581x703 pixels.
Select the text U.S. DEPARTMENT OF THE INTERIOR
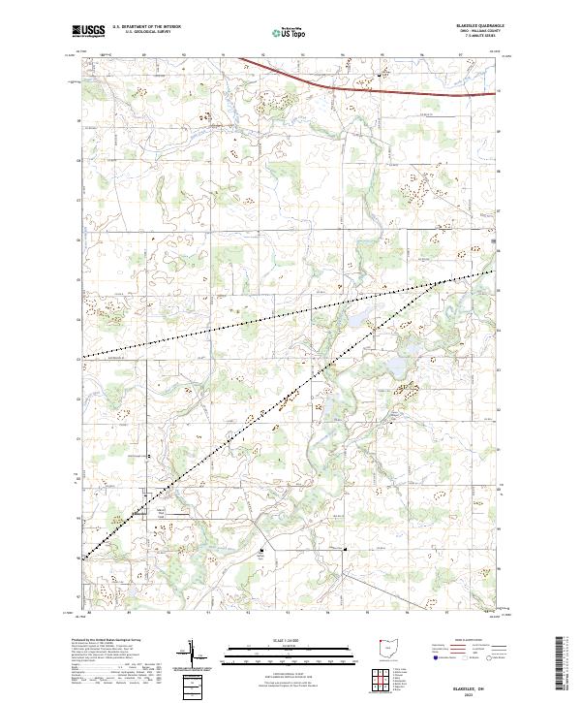[146, 27]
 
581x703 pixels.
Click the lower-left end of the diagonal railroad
[84, 558]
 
